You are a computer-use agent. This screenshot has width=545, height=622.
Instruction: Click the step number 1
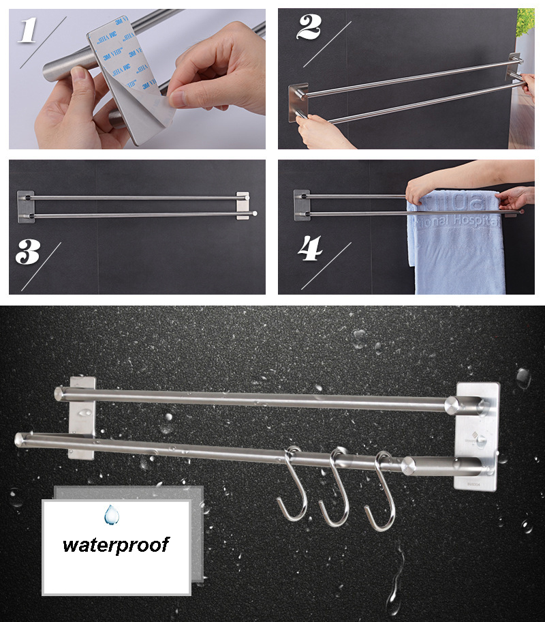pyautogui.click(x=27, y=31)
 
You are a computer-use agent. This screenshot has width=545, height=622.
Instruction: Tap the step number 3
pyautogui.click(x=27, y=252)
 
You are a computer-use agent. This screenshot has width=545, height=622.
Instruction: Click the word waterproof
pyautogui.click(x=116, y=544)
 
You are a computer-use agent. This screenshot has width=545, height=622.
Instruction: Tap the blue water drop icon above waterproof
pyautogui.click(x=111, y=514)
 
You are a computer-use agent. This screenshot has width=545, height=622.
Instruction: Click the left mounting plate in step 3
pyautogui.click(x=25, y=205)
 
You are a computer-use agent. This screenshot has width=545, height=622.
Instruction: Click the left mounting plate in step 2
pyautogui.click(x=298, y=102)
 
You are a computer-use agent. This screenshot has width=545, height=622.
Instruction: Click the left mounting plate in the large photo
pyautogui.click(x=82, y=416)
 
